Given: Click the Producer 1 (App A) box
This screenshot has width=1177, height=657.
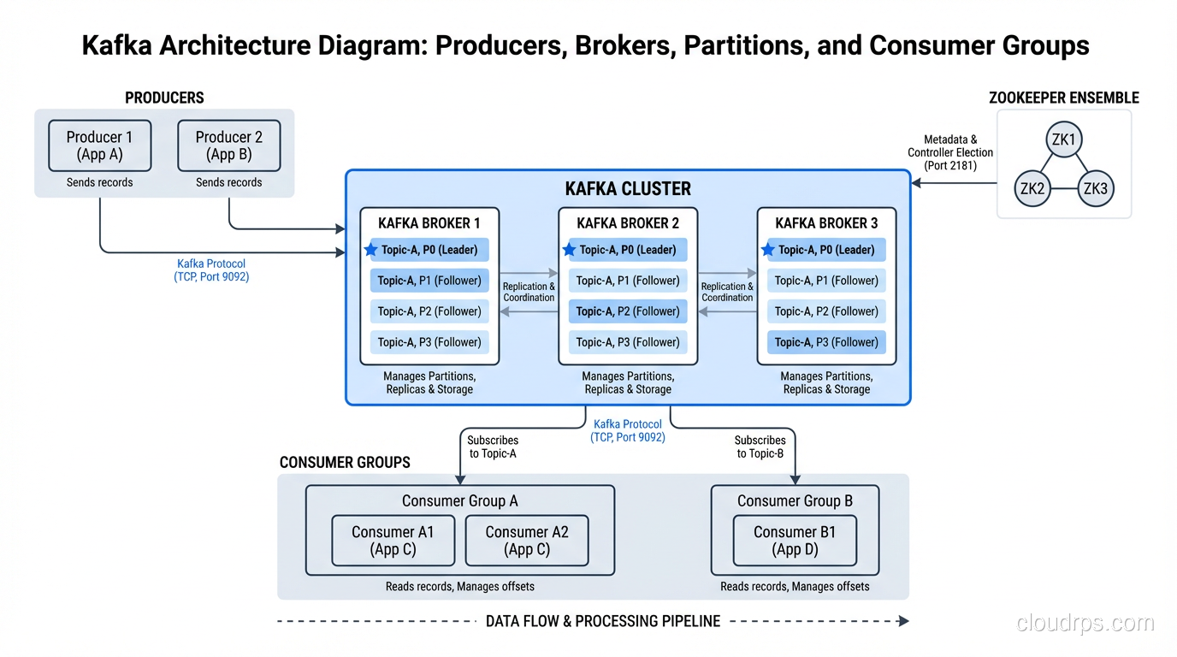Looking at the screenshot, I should click(x=100, y=145).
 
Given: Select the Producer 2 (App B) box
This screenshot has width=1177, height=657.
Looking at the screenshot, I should click(x=229, y=145).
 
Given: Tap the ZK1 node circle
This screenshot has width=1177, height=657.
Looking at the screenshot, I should click(x=1063, y=139).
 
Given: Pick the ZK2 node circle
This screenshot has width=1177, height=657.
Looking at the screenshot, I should click(x=1032, y=189).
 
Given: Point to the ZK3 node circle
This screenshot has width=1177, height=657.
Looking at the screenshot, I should click(x=1095, y=189).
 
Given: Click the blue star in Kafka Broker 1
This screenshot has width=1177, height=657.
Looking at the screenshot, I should click(x=370, y=250).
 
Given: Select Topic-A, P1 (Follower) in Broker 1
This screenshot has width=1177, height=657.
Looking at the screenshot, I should click(x=429, y=281).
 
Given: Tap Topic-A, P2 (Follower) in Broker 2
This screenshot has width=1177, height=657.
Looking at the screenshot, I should click(x=628, y=311).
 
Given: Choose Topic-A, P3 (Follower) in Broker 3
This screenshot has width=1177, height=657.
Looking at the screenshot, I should click(x=826, y=342).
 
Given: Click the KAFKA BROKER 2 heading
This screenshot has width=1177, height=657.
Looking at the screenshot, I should click(x=628, y=223).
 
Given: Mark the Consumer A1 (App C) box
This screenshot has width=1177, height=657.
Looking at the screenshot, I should click(x=393, y=541).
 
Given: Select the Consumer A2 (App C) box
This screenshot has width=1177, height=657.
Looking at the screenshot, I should click(x=527, y=541).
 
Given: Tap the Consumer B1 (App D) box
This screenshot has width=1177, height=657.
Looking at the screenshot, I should click(x=795, y=541).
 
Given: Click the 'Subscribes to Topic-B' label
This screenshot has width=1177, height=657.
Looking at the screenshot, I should click(x=760, y=447).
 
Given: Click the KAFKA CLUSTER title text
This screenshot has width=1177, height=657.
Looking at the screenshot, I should click(x=628, y=189).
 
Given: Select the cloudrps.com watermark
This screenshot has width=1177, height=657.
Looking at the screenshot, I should click(x=1085, y=624).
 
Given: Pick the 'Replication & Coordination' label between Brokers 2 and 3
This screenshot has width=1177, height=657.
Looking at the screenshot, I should click(x=727, y=292).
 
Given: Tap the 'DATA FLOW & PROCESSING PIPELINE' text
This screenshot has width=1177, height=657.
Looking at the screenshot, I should click(x=603, y=621).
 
